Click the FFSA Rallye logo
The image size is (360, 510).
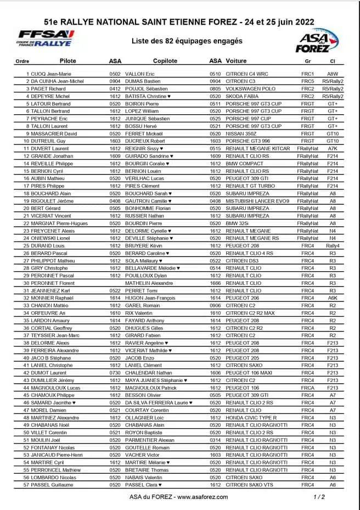pyautogui.click(x=46, y=38)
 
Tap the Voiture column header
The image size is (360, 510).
pyautogui.click(x=236, y=61)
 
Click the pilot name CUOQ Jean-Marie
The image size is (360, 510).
pyautogui.click(x=50, y=74)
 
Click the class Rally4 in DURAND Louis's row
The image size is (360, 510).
pyautogui.click(x=333, y=246)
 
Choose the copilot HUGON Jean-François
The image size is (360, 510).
pyautogui.click(x=151, y=298)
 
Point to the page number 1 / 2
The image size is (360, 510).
pyautogui.click(x=319, y=497)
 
